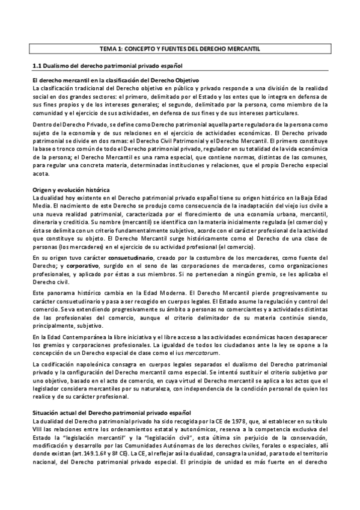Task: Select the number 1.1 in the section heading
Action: coord(35,64)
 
